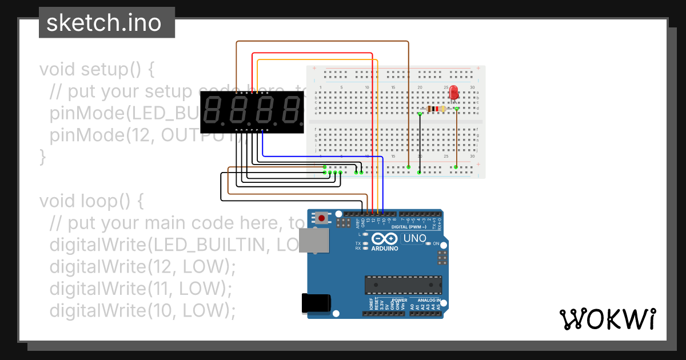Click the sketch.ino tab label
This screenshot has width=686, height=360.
coord(103,23)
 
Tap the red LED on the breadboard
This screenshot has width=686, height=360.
coord(453,92)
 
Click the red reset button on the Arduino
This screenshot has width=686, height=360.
coord(322,218)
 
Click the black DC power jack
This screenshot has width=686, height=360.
coord(316,302)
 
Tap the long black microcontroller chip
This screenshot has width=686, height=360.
coord(404,284)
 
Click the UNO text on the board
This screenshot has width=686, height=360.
coord(414,238)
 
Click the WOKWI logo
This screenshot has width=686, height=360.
coord(607,319)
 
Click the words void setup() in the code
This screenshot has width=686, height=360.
coord(97,69)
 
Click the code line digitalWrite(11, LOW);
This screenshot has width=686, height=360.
coord(141,289)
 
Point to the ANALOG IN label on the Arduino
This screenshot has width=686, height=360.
coord(428,300)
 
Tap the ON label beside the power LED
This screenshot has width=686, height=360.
coord(435,244)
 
